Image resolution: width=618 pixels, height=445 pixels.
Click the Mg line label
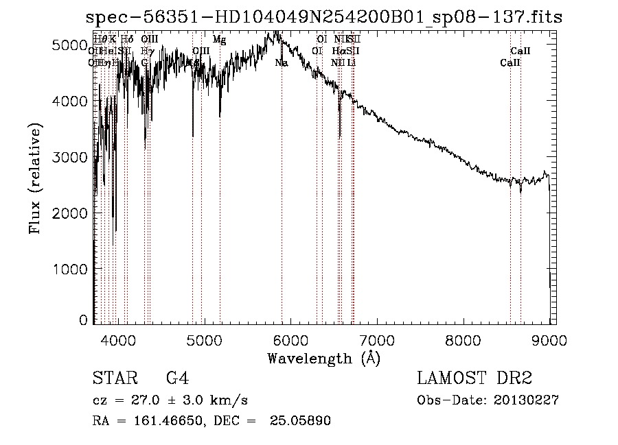[219, 40]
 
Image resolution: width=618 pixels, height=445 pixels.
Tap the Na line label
[282, 62]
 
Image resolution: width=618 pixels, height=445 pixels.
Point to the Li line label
[351, 62]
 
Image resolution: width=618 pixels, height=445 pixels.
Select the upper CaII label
[520, 51]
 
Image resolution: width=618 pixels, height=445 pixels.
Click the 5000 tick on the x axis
[204, 338]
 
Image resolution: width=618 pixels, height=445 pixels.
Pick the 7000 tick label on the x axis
[376, 338]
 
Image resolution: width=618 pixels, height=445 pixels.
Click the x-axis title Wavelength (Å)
[323, 357]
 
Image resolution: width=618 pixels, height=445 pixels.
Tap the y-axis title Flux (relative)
[36, 179]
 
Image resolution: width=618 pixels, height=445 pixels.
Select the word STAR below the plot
[113, 378]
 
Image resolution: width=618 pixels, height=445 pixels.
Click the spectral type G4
[177, 378]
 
